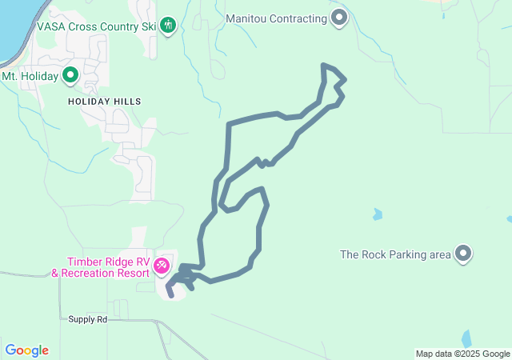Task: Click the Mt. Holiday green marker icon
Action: pos(70,76)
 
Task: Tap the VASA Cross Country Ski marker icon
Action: pos(168,26)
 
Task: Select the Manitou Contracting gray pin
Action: pos(339,18)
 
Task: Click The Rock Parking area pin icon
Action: pos(463,254)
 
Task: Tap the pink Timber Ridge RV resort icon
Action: pos(162,264)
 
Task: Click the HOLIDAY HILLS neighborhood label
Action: pos(104,102)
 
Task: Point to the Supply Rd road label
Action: pos(88,318)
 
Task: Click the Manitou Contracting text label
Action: pos(277,18)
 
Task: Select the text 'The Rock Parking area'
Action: pos(395,255)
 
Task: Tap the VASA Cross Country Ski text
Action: pos(97,26)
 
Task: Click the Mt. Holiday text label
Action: pos(30,76)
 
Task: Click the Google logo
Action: pos(26,350)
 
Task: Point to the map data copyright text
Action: pos(462,354)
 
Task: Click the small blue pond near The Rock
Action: pos(377,214)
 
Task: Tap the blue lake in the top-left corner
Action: pos(12,24)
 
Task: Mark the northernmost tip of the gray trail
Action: pos(323,65)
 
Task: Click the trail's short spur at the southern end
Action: pos(170,291)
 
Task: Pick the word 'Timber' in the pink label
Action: pos(86,262)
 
